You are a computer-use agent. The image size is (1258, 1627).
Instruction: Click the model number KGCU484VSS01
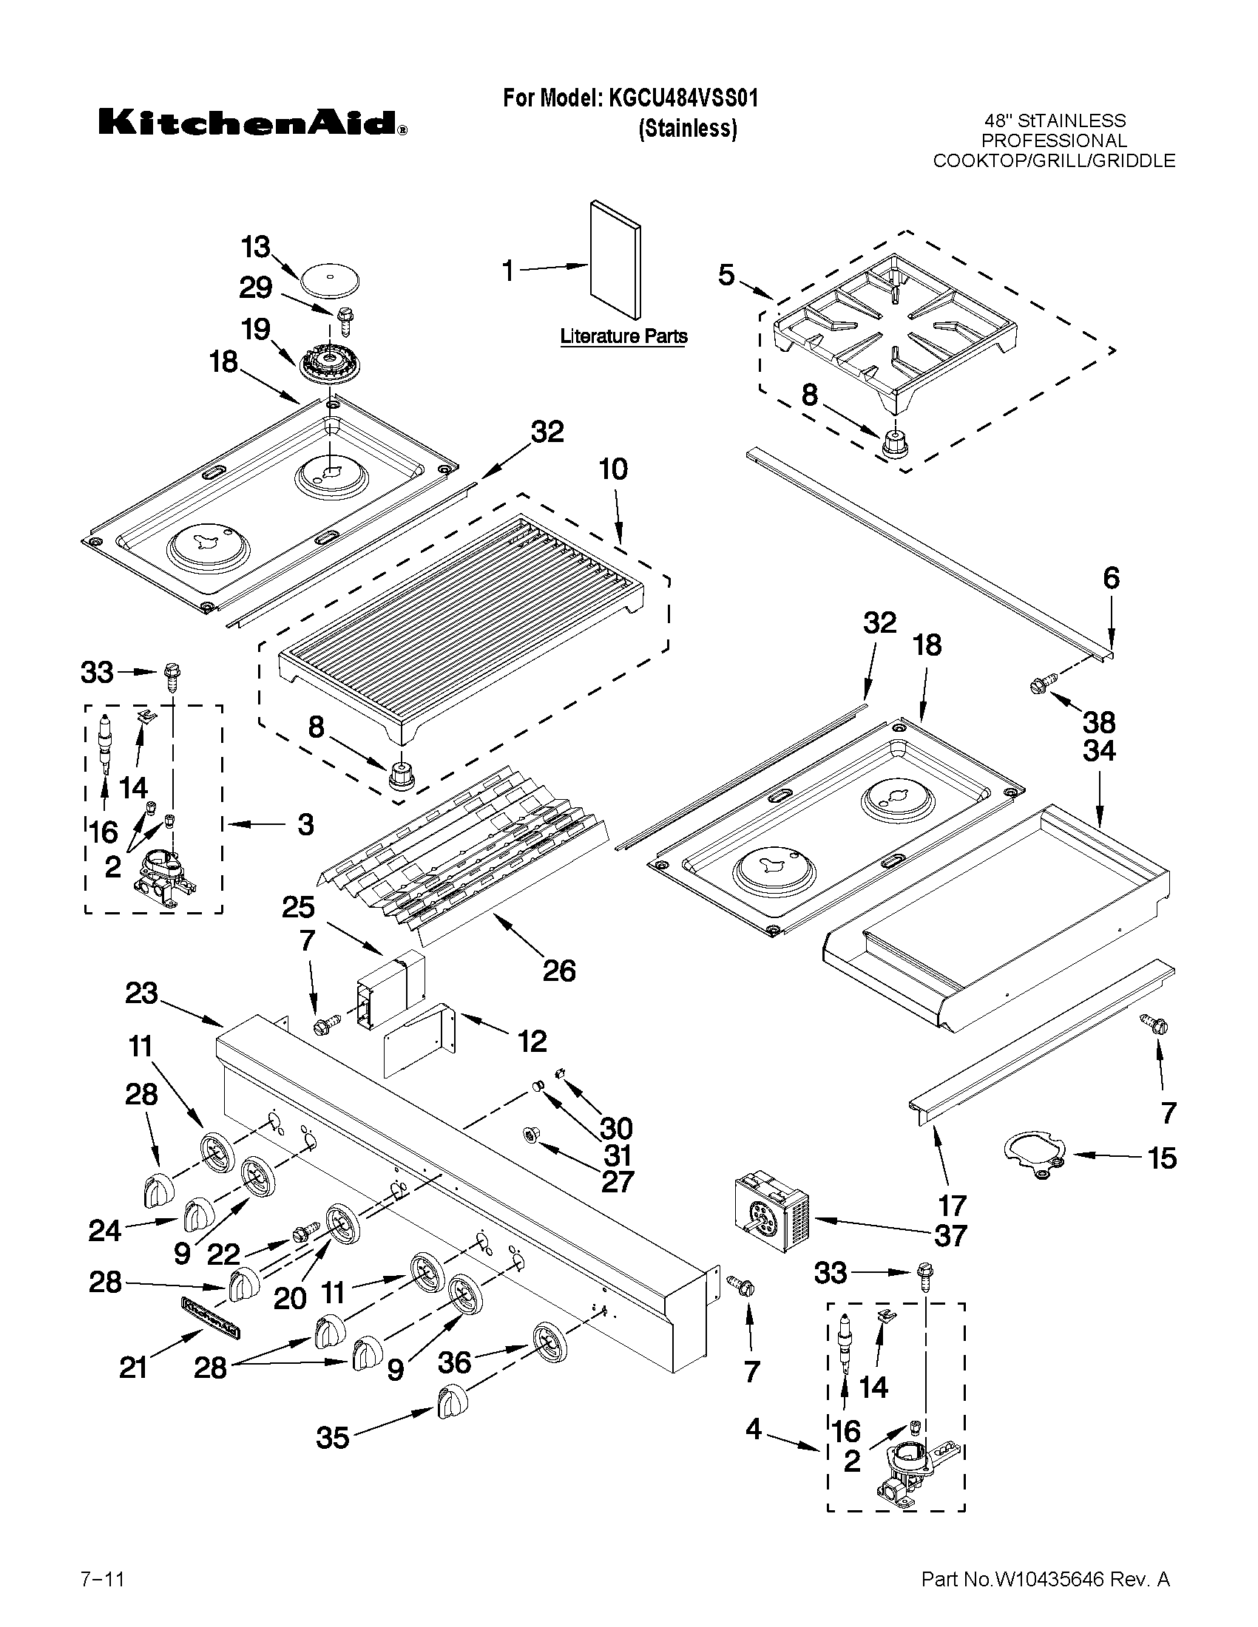pyautogui.click(x=683, y=98)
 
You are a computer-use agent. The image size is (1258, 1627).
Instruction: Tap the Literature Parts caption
pyautogui.click(x=623, y=337)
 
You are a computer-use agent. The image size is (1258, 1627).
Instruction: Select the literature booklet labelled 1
pyautogui.click(x=615, y=259)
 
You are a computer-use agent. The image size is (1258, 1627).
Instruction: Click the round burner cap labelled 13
pyautogui.click(x=330, y=279)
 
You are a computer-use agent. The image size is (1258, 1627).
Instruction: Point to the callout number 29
pyautogui.click(x=256, y=288)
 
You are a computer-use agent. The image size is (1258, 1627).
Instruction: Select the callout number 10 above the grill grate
pyautogui.click(x=612, y=469)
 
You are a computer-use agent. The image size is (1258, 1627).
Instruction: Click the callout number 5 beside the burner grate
pyautogui.click(x=727, y=275)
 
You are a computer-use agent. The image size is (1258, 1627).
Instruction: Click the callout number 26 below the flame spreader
pyautogui.click(x=559, y=970)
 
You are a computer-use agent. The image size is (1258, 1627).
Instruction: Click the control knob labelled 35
pyautogui.click(x=450, y=1401)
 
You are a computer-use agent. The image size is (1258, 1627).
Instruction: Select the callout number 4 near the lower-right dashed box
pyautogui.click(x=754, y=1429)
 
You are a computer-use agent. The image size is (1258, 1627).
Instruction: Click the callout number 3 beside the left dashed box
pyautogui.click(x=305, y=825)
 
